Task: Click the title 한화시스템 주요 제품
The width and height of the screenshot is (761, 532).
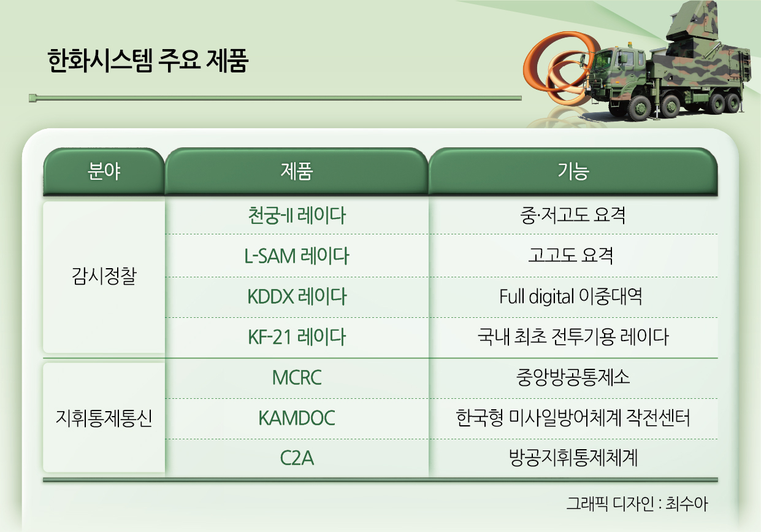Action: [148, 61]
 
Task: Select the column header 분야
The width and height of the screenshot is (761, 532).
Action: [104, 171]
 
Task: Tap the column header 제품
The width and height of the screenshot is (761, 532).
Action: [297, 171]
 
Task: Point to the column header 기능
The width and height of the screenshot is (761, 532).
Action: [573, 171]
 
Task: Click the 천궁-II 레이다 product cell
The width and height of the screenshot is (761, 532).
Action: [297, 215]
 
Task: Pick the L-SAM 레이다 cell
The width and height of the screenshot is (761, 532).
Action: [297, 256]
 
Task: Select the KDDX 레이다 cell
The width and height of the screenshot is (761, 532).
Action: [297, 296]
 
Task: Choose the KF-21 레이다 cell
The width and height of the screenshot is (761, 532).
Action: [297, 337]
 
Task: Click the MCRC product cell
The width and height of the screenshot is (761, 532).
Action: [297, 377]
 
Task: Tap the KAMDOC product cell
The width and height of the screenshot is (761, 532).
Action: [297, 418]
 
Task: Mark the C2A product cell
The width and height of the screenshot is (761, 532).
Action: [297, 458]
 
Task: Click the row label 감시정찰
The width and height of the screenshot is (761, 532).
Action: [104, 276]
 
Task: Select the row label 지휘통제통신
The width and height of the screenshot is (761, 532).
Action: [104, 418]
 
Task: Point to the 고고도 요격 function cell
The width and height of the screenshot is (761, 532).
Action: [571, 256]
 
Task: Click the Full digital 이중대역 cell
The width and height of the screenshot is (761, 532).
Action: [571, 296]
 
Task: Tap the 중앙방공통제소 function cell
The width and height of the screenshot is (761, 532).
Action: [573, 377]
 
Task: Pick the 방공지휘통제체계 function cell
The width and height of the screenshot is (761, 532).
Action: [573, 458]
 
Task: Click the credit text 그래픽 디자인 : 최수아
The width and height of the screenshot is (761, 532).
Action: [637, 503]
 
